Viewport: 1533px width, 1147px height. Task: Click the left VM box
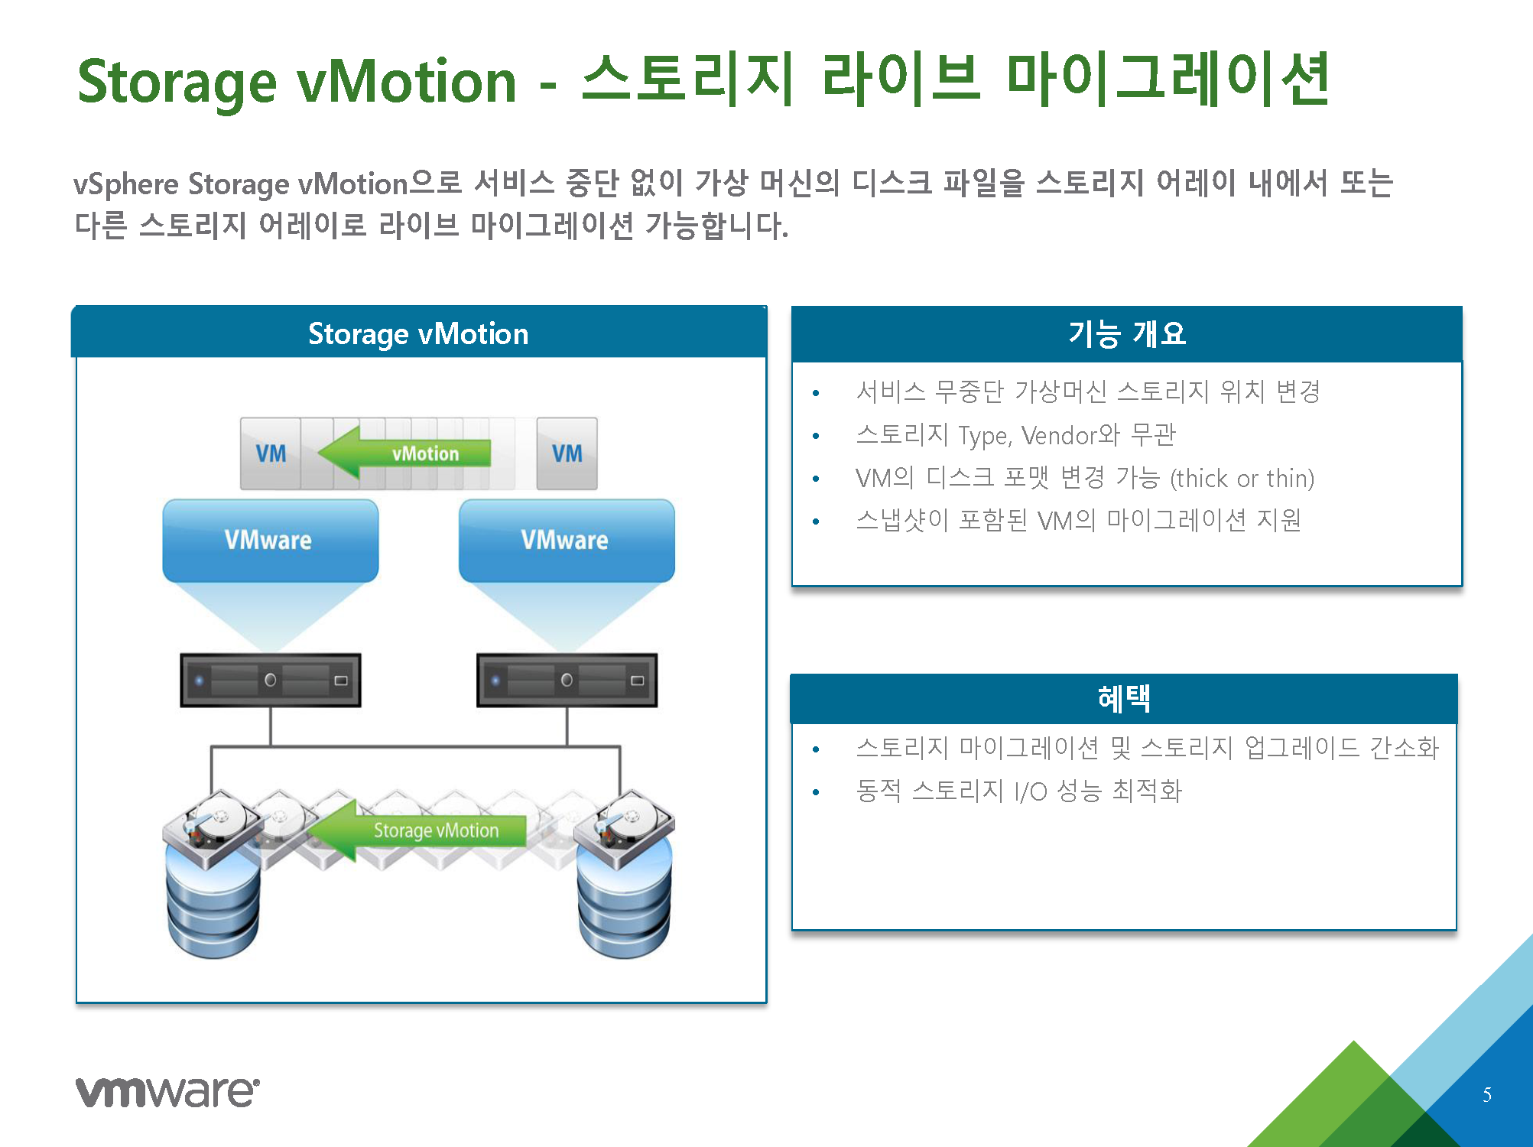(x=271, y=453)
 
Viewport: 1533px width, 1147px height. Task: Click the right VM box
(x=567, y=453)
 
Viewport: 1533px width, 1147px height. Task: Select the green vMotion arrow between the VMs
(x=404, y=453)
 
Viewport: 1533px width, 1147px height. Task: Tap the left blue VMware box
(x=270, y=541)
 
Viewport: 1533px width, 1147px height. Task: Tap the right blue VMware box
(x=567, y=541)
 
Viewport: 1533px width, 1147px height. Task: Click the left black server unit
(x=271, y=680)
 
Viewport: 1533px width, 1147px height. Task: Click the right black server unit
(x=567, y=680)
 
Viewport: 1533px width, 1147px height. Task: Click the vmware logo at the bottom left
(x=167, y=1091)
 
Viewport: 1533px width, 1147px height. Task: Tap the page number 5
(x=1487, y=1094)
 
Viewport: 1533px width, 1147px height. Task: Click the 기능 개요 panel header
(x=1127, y=334)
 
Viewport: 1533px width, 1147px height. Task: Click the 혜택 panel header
(x=1124, y=698)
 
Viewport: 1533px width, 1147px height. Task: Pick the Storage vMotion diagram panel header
(x=419, y=333)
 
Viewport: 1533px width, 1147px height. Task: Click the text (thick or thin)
(x=1242, y=479)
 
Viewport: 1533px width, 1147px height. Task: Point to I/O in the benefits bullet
(x=1031, y=791)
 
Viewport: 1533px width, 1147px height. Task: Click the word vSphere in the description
(x=126, y=185)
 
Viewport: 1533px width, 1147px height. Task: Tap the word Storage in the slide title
(x=177, y=82)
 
